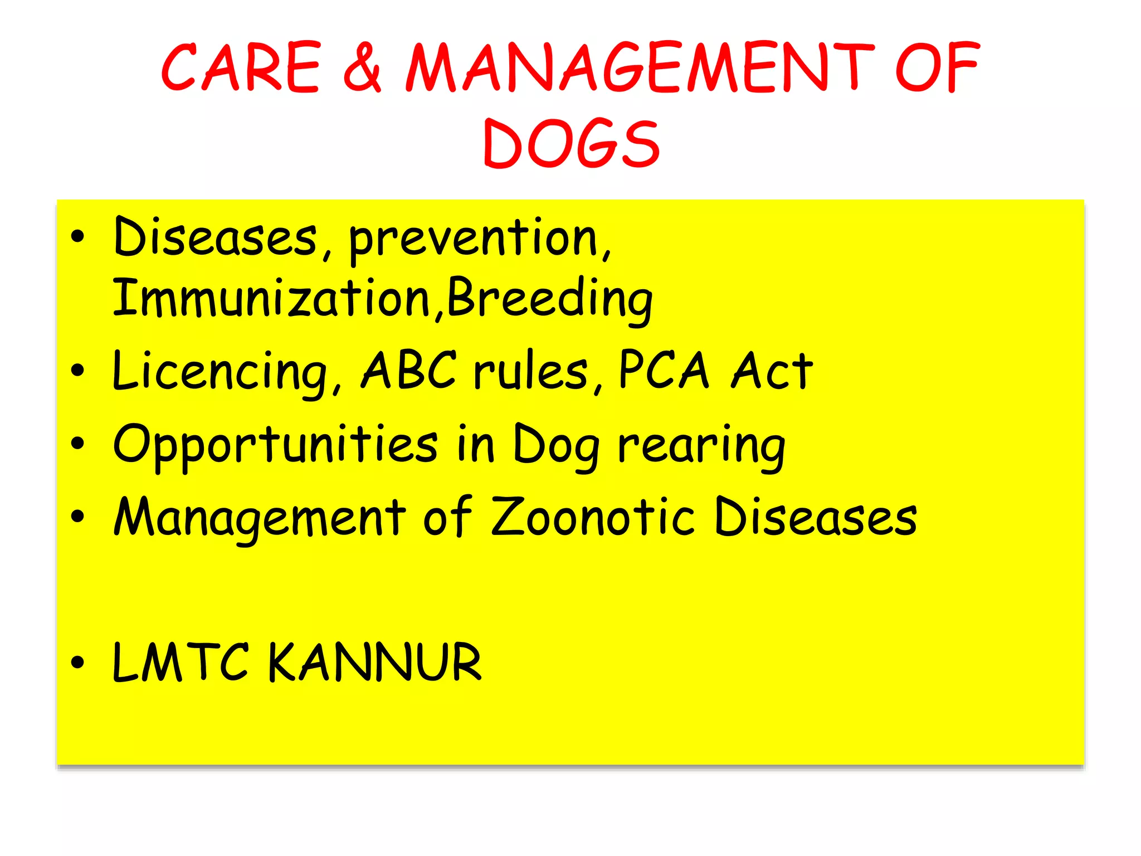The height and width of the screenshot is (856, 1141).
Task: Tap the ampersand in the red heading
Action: click(363, 68)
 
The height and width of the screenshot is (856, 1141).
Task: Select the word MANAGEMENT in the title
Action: click(640, 68)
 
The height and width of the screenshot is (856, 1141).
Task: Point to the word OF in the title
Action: click(937, 68)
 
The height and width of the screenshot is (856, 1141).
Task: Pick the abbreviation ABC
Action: click(409, 370)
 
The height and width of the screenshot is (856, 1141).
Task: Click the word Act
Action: click(772, 371)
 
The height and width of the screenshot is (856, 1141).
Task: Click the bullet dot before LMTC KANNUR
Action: click(77, 662)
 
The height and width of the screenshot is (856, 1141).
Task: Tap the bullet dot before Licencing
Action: click(77, 370)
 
